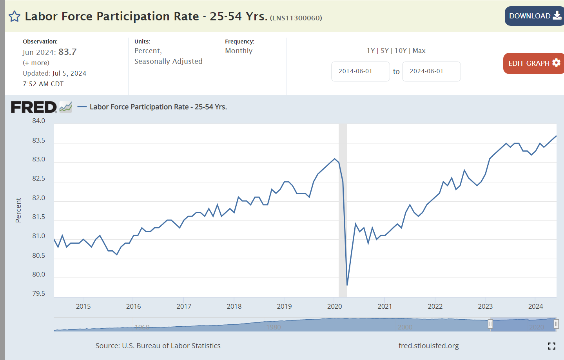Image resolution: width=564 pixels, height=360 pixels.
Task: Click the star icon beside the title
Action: [x=15, y=16]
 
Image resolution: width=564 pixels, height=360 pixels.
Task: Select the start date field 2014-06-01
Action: [x=360, y=71]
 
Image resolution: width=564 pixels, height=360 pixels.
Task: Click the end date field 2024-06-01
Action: [x=431, y=71]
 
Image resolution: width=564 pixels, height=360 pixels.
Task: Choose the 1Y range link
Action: [x=371, y=51]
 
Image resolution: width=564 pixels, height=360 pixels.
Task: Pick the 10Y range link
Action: [x=401, y=51]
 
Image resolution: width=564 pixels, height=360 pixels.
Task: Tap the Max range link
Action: [x=419, y=51]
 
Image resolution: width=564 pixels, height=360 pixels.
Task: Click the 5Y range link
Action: [x=384, y=51]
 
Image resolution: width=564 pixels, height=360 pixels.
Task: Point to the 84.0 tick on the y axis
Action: [x=39, y=121]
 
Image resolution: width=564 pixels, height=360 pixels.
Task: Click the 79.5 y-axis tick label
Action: [x=39, y=293]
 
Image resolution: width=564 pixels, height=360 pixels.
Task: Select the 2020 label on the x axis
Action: [x=334, y=306]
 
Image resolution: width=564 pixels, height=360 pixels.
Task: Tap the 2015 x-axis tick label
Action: [x=83, y=306]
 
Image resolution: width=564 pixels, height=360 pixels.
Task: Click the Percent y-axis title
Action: [x=18, y=210]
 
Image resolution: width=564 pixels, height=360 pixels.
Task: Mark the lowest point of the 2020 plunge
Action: [x=347, y=285]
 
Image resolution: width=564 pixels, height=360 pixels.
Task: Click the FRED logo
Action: [x=34, y=107]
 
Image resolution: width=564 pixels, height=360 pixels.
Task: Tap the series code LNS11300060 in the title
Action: [x=296, y=18]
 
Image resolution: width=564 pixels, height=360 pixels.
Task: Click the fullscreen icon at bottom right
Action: [x=551, y=346]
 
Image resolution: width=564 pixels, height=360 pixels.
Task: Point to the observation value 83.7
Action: [x=67, y=52]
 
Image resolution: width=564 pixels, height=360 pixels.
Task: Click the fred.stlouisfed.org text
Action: [x=428, y=346]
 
